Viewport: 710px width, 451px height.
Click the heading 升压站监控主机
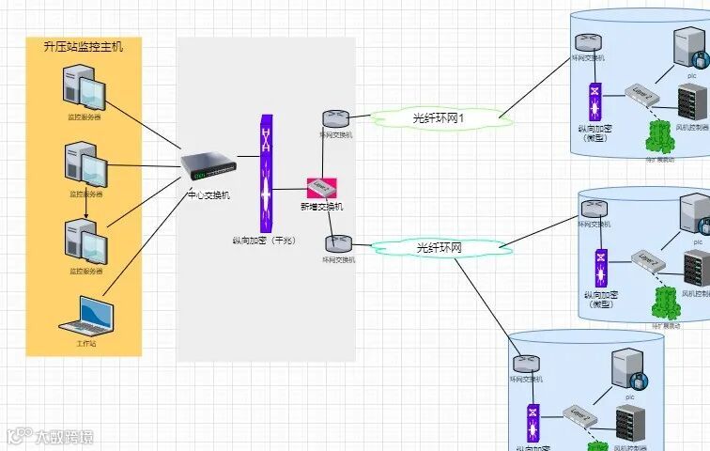[x=84, y=47]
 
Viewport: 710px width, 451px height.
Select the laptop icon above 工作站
[x=86, y=316]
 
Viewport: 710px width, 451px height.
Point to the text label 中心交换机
[x=208, y=195]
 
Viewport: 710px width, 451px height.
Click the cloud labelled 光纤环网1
[x=440, y=118]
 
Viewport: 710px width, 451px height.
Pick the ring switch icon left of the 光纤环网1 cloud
[x=335, y=119]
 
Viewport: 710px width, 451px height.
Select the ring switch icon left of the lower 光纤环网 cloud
[x=338, y=243]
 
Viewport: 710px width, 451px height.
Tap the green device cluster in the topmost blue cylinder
[x=660, y=138]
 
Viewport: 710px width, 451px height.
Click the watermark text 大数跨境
[x=64, y=436]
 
